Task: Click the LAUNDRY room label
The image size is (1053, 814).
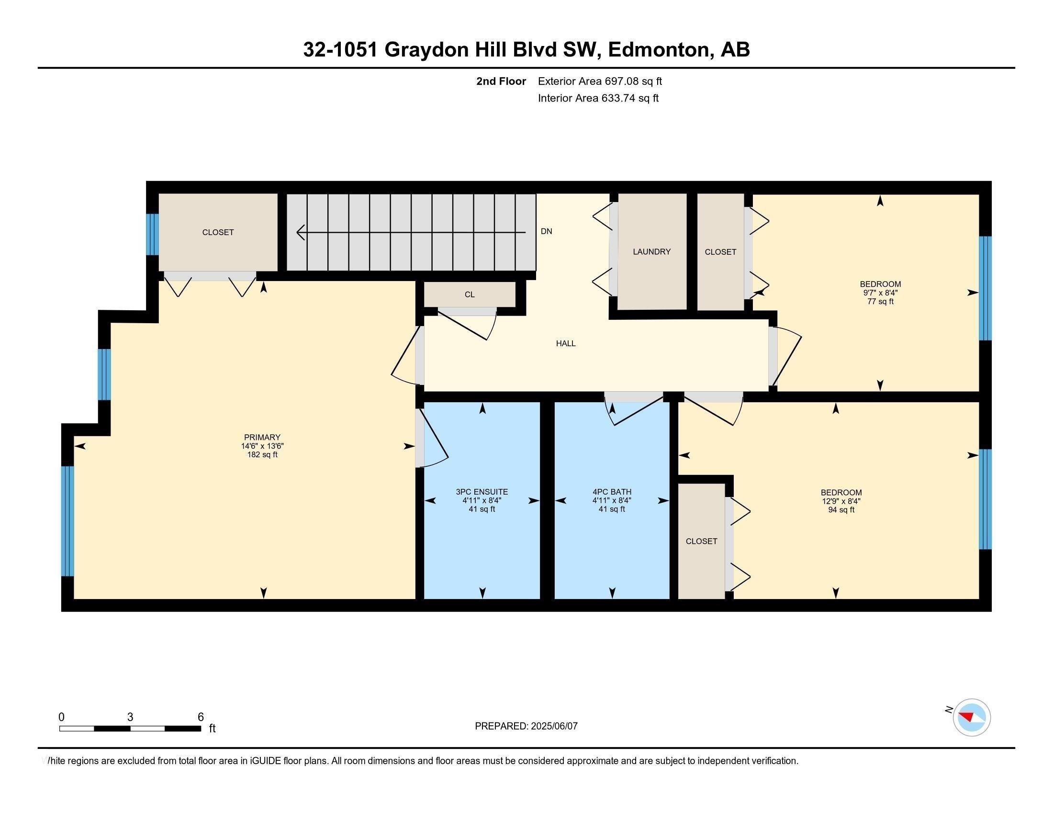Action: coord(651,252)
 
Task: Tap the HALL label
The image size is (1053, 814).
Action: coord(566,343)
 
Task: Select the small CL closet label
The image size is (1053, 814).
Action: coord(470,294)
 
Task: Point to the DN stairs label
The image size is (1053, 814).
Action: coord(546,231)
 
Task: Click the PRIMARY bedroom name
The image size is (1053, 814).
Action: coord(262,437)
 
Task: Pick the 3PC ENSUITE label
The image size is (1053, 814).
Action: coord(482,492)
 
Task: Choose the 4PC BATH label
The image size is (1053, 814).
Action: coord(612,492)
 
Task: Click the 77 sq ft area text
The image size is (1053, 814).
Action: coord(880,301)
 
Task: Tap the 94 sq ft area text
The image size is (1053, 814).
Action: coord(841,510)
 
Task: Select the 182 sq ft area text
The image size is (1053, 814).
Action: coord(262,454)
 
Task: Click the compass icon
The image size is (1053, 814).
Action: coord(972,718)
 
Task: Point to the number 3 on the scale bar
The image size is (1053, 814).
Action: coord(130,717)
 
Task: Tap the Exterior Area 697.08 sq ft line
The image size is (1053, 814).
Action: coord(600,81)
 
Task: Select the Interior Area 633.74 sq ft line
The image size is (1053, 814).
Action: coord(598,98)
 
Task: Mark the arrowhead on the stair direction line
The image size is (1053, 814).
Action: coord(301,232)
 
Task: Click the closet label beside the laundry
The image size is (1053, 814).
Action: coord(720,252)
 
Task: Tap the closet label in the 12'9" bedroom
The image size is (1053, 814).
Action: coord(701,542)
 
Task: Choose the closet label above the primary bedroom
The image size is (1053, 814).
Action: coord(218,232)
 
